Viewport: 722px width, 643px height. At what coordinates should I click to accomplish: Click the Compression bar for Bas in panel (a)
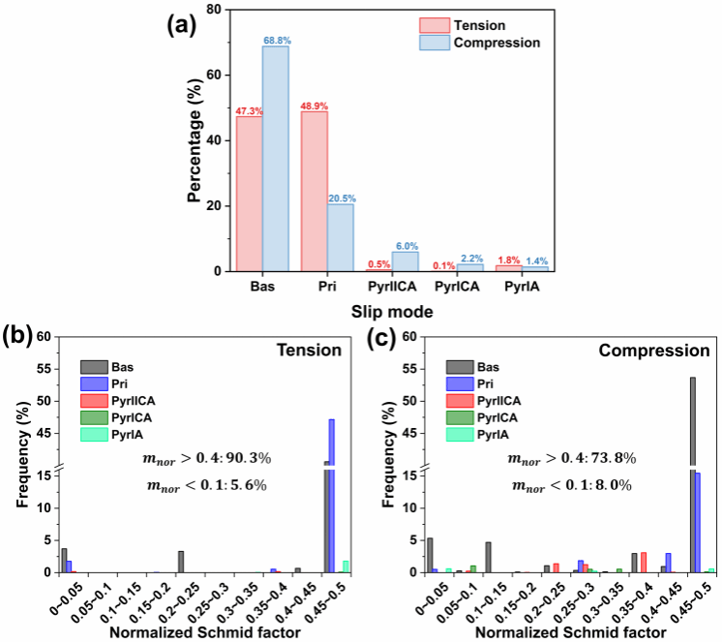pyautogui.click(x=275, y=160)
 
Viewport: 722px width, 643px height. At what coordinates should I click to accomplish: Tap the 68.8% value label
pyautogui.click(x=276, y=40)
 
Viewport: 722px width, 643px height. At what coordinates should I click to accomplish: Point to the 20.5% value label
pyautogui.click(x=340, y=197)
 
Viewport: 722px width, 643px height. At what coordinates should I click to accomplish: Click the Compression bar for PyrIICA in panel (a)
pyautogui.click(x=405, y=261)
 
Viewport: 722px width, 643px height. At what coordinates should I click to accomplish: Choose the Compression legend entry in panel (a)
pyautogui.click(x=488, y=43)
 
